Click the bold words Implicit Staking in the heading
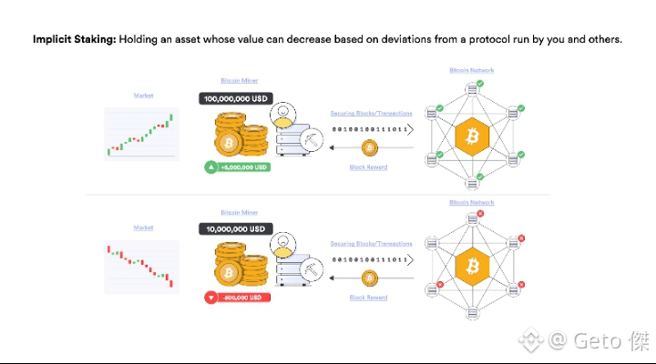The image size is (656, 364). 74,40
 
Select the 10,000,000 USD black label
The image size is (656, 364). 235,227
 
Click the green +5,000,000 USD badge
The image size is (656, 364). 238,167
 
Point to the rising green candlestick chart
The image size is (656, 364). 140,134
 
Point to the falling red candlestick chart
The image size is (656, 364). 140,266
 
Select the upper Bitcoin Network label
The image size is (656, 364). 472,70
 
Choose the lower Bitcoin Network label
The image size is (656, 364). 472,202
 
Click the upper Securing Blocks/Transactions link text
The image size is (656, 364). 371,113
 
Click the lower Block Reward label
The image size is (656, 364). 369,298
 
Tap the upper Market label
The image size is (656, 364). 143,95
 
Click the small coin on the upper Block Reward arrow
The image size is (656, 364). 369,147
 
